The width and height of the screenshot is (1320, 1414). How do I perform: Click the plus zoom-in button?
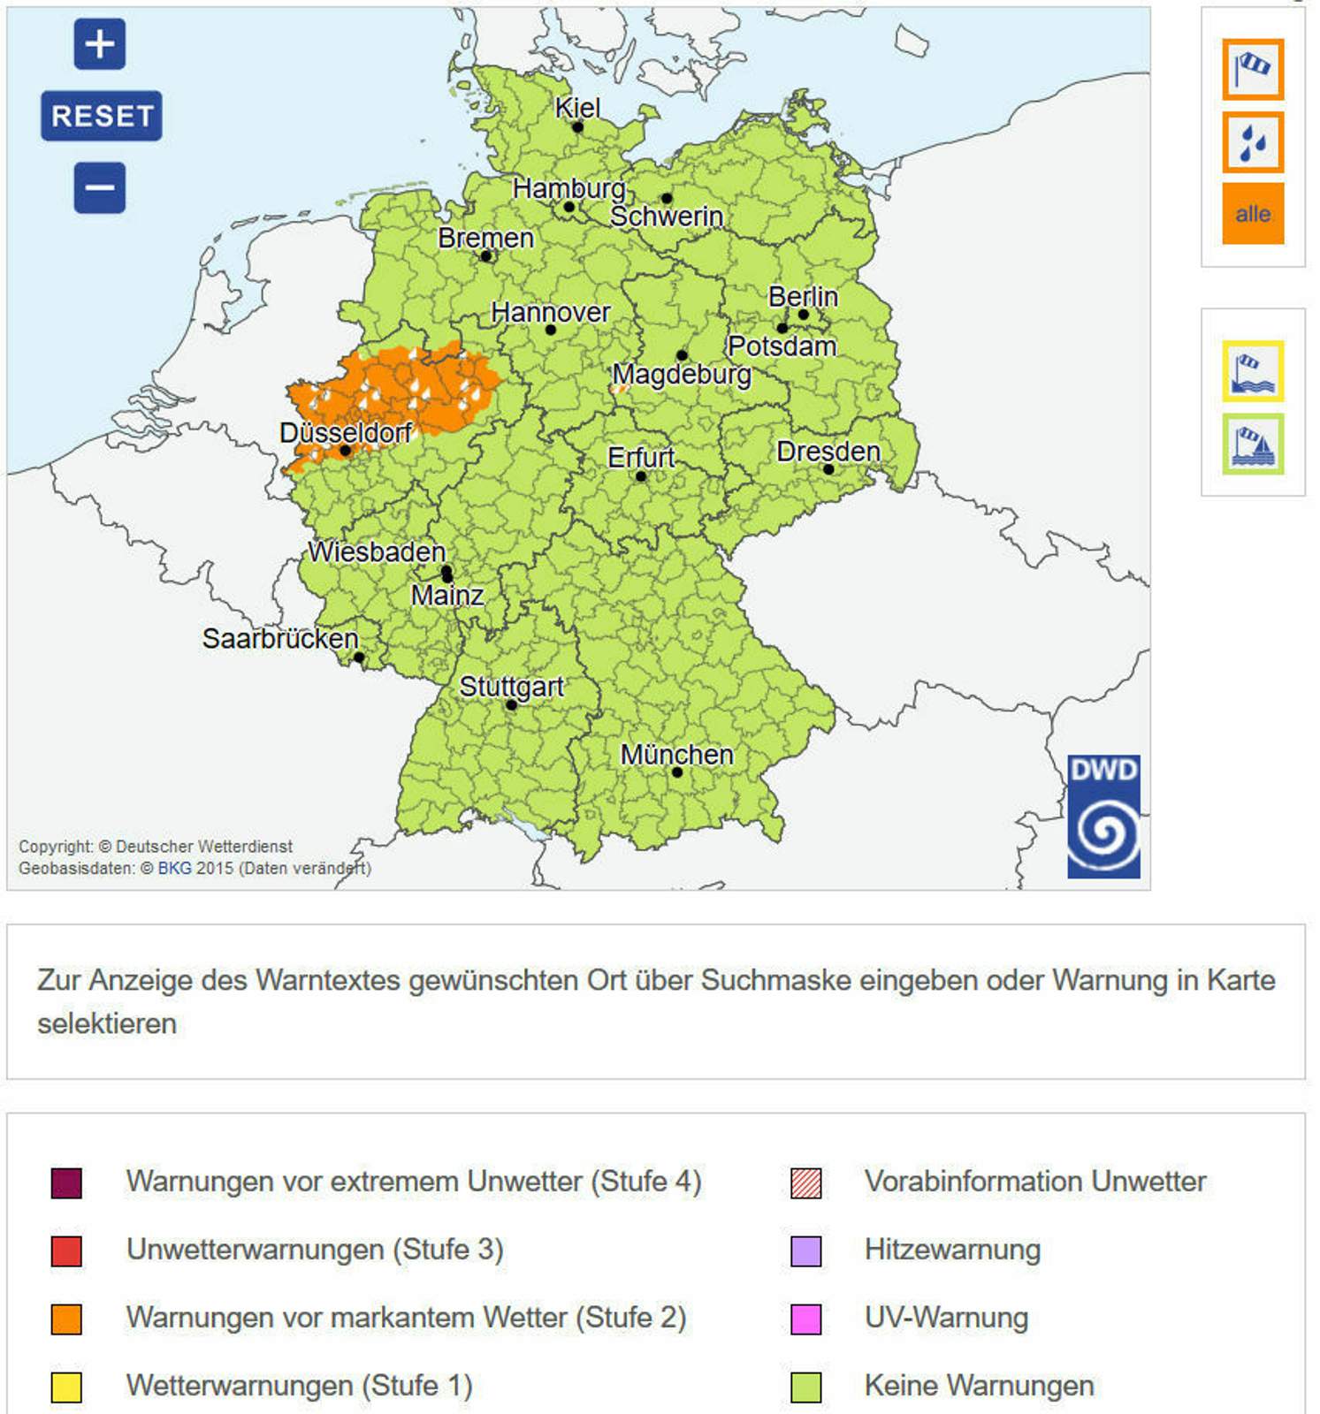point(99,43)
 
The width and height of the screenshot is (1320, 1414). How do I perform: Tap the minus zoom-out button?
point(99,187)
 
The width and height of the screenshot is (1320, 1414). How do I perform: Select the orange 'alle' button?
point(1252,214)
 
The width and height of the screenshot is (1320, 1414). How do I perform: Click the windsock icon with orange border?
point(1252,69)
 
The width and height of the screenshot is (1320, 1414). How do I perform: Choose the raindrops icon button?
point(1252,141)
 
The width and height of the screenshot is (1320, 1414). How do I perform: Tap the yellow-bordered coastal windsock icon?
point(1252,371)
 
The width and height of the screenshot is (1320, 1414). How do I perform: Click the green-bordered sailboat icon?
point(1252,444)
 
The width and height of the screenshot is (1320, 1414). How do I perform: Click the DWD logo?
point(1103,816)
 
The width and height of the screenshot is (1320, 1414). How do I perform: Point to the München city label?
point(676,755)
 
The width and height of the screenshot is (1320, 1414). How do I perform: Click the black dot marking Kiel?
point(577,127)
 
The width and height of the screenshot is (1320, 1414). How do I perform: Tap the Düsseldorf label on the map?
point(345,432)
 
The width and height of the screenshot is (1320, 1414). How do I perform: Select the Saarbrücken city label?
point(279,638)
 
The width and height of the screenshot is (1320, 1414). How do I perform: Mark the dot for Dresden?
point(828,469)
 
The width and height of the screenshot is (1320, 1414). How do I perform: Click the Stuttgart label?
point(511,686)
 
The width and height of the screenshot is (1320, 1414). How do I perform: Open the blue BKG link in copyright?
point(174,868)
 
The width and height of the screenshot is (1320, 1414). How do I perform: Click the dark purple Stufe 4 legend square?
point(66,1182)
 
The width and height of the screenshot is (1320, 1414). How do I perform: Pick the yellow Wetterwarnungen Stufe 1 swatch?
point(66,1387)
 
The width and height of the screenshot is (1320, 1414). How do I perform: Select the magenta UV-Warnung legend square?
point(805,1319)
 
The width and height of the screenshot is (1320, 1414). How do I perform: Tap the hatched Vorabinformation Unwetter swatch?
point(805,1182)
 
